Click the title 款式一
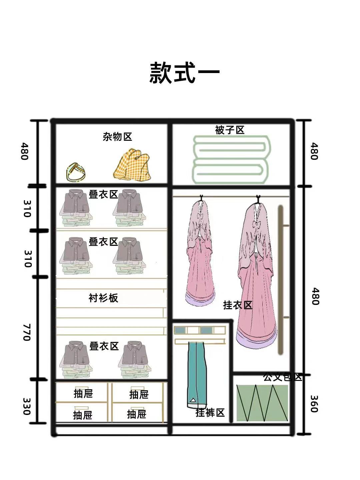184,72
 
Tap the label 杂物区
117,136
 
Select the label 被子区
230,130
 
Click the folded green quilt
231,159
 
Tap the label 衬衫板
103,298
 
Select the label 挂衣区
237,305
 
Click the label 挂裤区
210,413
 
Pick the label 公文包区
282,377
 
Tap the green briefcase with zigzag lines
262,403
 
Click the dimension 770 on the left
27,332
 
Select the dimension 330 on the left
27,406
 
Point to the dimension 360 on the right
314,404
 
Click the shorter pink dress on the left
199,254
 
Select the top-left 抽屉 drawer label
83,394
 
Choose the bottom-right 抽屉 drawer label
137,414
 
